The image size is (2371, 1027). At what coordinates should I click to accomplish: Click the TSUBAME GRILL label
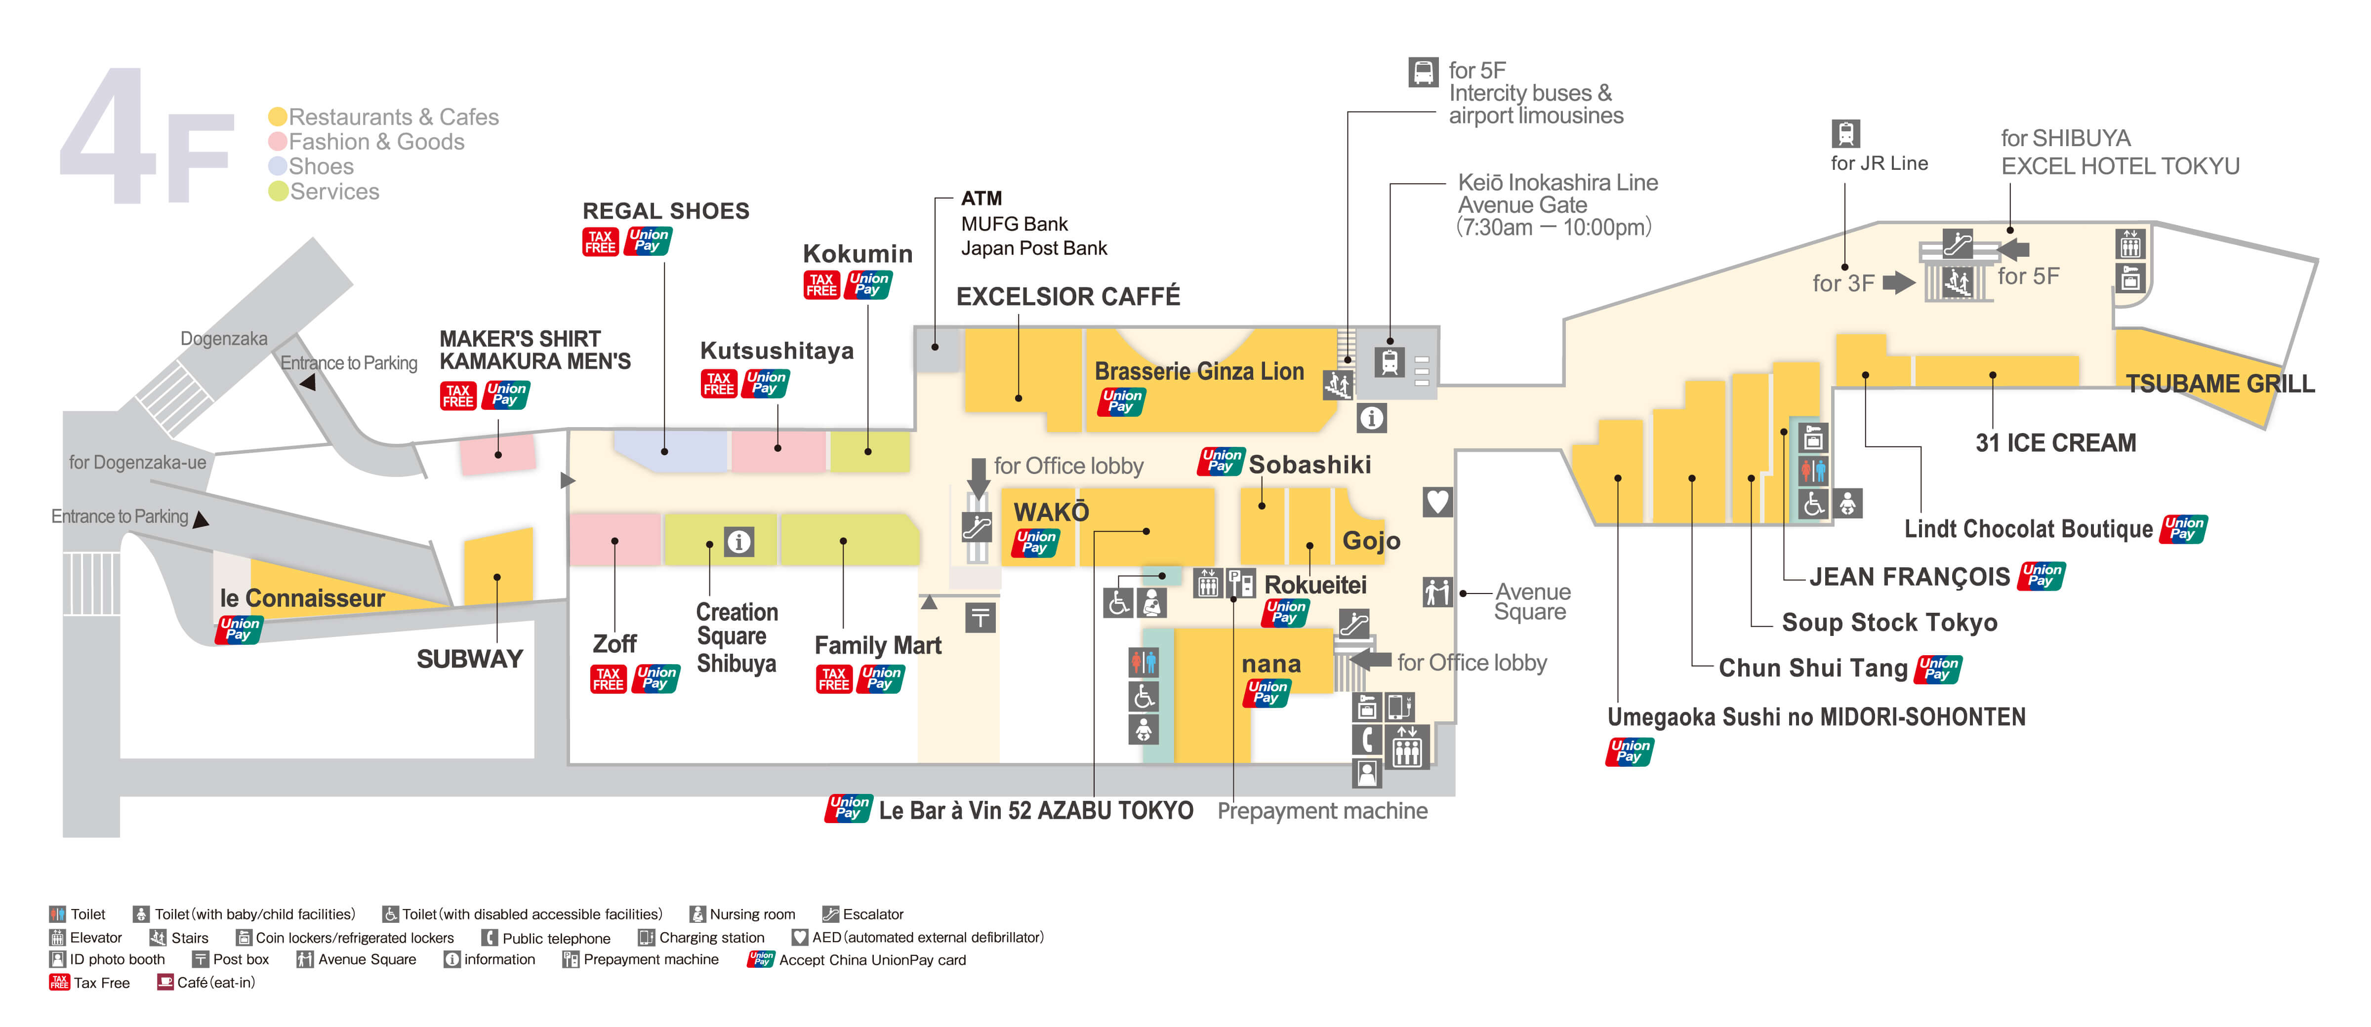point(2219,384)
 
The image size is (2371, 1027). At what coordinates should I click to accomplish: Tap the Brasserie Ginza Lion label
point(1198,372)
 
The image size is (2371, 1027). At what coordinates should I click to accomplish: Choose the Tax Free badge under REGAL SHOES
point(600,241)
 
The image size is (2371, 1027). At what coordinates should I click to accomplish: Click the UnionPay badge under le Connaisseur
point(239,630)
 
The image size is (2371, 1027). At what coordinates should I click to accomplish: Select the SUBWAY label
point(469,659)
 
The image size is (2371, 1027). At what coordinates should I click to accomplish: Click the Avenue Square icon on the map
point(1437,592)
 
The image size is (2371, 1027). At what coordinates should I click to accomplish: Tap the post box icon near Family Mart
point(980,618)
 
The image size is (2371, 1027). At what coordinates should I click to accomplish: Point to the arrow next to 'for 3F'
point(1898,282)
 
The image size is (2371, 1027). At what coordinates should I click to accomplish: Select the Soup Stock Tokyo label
point(1889,623)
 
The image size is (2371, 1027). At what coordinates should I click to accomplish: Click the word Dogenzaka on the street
point(224,339)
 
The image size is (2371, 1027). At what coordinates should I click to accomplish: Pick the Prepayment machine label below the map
point(1322,811)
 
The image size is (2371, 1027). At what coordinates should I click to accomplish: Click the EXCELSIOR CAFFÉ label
point(1067,296)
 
